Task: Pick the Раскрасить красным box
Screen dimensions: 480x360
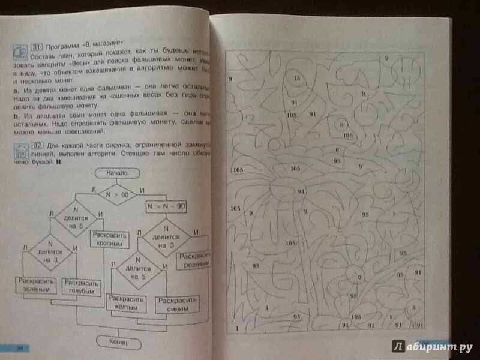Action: click(x=107, y=239)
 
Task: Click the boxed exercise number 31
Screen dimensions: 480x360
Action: click(x=35, y=43)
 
